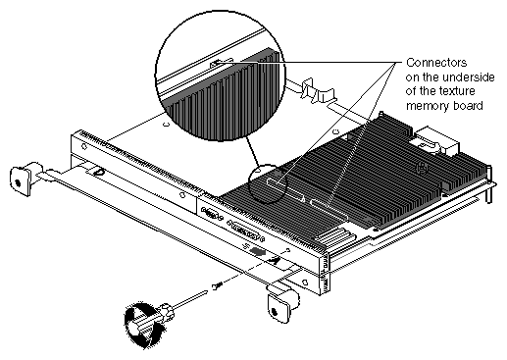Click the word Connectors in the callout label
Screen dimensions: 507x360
tap(436, 63)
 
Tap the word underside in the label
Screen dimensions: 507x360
tap(468, 77)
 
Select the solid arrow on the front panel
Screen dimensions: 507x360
tap(257, 251)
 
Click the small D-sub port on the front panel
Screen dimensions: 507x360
tap(212, 215)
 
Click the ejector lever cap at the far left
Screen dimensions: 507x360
tap(20, 180)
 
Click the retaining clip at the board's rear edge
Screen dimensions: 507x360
tap(318, 91)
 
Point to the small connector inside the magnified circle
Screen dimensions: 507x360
tap(222, 63)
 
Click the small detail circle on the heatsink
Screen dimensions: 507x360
tap(268, 183)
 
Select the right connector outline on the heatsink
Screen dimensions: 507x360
tap(330, 209)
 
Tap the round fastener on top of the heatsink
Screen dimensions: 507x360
tap(422, 169)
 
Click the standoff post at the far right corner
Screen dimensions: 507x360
tap(488, 184)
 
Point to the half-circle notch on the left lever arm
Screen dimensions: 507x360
tap(97, 171)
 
